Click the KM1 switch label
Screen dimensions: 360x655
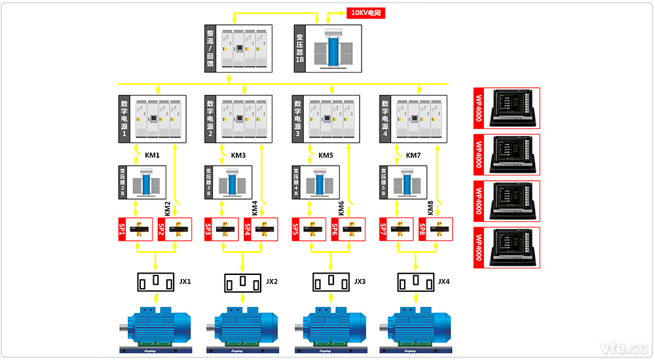coord(152,156)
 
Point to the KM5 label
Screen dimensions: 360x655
coord(326,156)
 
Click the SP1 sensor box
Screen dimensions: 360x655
coord(135,229)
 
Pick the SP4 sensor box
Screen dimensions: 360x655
coord(261,229)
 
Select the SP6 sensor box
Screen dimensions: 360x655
coord(348,229)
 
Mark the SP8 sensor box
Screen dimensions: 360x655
coord(436,229)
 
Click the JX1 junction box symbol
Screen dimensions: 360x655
coord(155,282)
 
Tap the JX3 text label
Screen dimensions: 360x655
coord(360,282)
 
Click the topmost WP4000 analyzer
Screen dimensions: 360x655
coord(507,109)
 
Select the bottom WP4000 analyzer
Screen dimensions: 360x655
coord(507,248)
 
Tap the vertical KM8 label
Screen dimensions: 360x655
coord(430,208)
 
